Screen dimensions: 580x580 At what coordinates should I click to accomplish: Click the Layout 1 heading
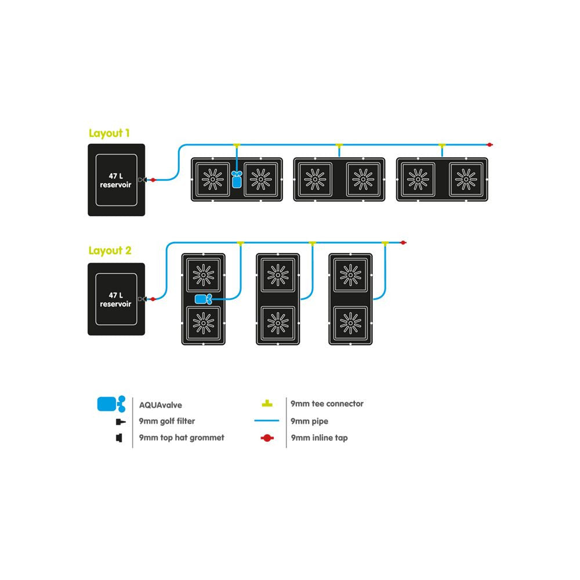click(x=108, y=133)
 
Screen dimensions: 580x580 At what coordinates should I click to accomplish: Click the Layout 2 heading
click(x=110, y=251)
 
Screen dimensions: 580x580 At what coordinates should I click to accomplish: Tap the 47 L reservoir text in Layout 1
click(x=116, y=180)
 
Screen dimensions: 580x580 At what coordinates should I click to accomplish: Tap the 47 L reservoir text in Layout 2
click(x=116, y=299)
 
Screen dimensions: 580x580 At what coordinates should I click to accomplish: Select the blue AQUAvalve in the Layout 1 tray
click(x=236, y=179)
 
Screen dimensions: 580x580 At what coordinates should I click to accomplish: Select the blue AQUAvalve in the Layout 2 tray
click(x=203, y=299)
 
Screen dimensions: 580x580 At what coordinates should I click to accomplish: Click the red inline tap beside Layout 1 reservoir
click(x=153, y=180)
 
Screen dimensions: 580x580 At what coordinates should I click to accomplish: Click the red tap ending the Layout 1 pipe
click(x=490, y=144)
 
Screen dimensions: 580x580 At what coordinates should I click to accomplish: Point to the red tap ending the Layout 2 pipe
click(x=403, y=242)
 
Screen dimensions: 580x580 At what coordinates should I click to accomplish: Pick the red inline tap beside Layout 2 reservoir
click(x=153, y=299)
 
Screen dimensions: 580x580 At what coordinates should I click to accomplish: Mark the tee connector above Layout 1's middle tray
click(x=339, y=144)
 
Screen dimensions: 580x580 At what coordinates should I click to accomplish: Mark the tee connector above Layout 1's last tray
click(x=442, y=144)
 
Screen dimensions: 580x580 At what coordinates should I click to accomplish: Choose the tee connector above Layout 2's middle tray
click(x=312, y=242)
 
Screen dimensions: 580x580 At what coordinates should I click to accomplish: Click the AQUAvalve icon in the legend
click(x=111, y=403)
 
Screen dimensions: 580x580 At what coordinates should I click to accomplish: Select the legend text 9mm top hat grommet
click(x=182, y=437)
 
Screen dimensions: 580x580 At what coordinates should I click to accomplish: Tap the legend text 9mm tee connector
click(x=327, y=404)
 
